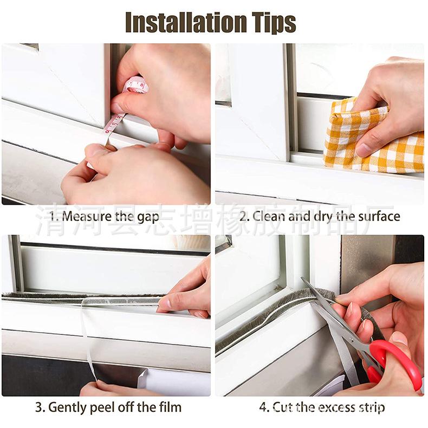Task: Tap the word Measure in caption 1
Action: (86, 217)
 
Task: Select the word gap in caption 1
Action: (148, 217)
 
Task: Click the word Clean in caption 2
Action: (269, 217)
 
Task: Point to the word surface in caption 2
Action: (377, 217)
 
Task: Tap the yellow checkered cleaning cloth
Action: (368, 138)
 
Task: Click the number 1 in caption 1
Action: (53, 217)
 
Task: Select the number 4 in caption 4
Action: (263, 407)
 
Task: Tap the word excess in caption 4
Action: (330, 407)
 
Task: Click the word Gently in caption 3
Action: (69, 407)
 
